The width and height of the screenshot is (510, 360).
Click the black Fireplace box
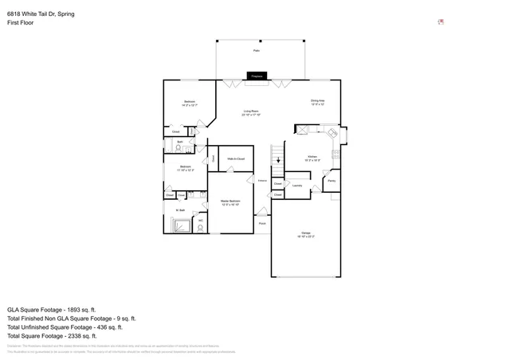point(257,76)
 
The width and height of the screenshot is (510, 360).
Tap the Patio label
point(257,50)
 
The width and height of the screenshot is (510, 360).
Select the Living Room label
point(251,112)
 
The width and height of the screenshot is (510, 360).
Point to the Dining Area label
point(317,101)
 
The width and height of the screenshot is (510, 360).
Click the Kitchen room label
point(313,158)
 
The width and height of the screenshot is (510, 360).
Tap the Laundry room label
point(296,186)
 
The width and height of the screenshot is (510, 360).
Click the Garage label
point(306,234)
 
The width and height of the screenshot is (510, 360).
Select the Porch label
point(261,223)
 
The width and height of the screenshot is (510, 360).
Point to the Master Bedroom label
point(230,202)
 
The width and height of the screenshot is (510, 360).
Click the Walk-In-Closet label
point(235,159)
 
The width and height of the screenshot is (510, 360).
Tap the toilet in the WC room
point(200,227)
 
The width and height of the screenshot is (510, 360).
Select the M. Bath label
point(180,210)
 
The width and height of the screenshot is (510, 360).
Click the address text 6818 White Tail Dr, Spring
point(41,14)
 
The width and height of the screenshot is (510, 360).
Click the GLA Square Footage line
point(51,309)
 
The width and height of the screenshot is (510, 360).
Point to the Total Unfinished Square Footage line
point(64,327)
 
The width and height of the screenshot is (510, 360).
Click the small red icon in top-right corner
point(441,22)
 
